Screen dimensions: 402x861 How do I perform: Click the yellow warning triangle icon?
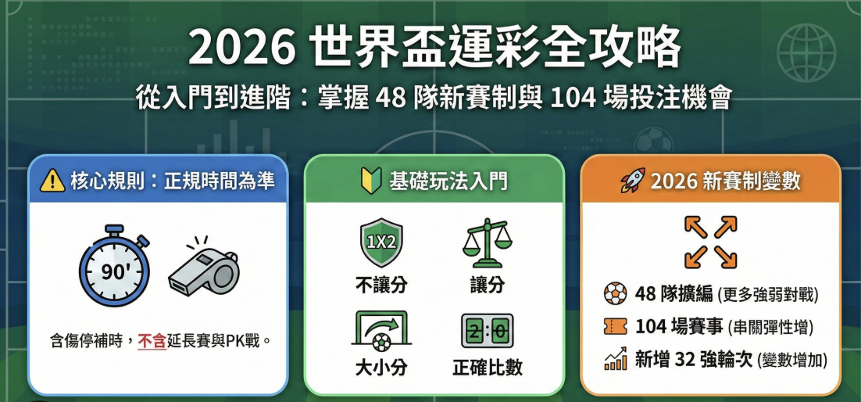[x=52, y=181]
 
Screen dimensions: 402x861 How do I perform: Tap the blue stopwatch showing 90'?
[x=113, y=268]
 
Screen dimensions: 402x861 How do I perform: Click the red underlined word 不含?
[x=152, y=340]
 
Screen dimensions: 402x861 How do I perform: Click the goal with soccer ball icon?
[x=381, y=331]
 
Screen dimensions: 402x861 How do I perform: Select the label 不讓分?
[x=381, y=285]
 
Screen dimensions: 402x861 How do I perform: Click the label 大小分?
[x=381, y=368]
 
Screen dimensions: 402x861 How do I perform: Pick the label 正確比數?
[x=487, y=368]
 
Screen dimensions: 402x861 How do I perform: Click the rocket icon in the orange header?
[x=632, y=181]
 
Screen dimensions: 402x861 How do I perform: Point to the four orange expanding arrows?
[x=710, y=242]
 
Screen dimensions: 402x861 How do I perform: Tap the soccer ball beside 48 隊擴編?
[x=616, y=294]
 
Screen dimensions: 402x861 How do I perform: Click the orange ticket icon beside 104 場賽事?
[x=616, y=326]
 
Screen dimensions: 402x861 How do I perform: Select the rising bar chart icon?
[x=616, y=359]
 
